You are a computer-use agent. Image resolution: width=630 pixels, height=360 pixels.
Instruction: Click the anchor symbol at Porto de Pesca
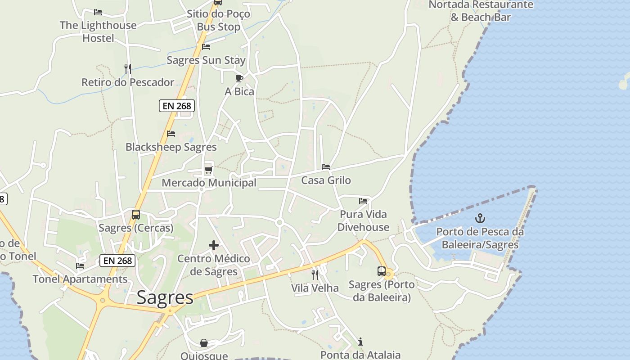(480, 219)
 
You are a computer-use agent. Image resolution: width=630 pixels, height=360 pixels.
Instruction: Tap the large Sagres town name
(165, 297)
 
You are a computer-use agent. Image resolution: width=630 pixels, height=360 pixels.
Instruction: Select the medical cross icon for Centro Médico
(214, 245)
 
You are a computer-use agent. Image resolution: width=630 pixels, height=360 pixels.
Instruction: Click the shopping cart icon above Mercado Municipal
(208, 170)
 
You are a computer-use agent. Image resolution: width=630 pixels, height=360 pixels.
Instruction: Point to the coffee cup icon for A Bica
(239, 79)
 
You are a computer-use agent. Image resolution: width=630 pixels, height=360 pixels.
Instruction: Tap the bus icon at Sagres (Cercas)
(136, 215)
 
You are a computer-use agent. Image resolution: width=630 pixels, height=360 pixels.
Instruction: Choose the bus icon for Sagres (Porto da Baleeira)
(382, 271)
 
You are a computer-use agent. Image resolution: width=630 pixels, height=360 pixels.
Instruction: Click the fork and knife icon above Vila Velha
(315, 274)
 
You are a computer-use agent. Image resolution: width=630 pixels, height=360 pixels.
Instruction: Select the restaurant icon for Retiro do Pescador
(128, 69)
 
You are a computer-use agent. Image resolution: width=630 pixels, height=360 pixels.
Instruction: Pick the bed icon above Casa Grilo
(326, 167)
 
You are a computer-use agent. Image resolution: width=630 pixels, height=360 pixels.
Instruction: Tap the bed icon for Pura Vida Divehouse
(363, 201)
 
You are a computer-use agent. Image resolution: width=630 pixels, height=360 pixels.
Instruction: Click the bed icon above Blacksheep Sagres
(171, 134)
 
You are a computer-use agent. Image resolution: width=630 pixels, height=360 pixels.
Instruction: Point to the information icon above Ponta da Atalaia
(360, 342)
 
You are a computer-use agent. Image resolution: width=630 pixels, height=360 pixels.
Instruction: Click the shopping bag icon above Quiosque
(204, 343)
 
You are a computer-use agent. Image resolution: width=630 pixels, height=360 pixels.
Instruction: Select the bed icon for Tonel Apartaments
(80, 266)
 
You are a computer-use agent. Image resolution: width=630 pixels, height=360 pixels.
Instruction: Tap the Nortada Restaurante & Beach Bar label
(481, 11)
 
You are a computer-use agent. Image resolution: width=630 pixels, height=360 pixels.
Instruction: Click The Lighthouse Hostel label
(98, 31)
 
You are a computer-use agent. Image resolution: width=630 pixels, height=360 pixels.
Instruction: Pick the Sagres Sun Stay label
(206, 60)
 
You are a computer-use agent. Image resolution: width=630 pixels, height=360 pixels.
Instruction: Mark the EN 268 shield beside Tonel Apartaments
(117, 261)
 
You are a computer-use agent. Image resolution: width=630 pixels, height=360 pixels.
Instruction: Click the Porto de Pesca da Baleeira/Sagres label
(480, 238)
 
